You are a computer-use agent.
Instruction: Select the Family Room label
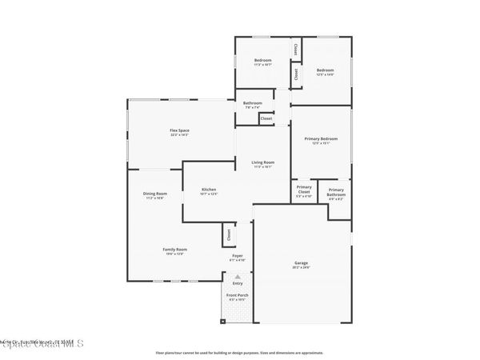(175, 251)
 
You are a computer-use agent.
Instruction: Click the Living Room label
(263, 164)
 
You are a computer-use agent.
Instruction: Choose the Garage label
(301, 265)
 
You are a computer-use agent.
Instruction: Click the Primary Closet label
(304, 192)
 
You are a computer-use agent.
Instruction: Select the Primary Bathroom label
(336, 192)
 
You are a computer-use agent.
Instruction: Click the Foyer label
(238, 258)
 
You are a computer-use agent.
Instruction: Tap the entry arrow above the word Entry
(238, 276)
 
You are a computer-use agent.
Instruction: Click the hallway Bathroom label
(253, 104)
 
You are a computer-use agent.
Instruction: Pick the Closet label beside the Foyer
(229, 234)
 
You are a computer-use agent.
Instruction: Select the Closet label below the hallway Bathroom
(266, 118)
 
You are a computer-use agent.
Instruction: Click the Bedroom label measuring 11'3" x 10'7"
(263, 62)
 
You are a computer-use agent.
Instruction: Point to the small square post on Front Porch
(223, 322)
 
